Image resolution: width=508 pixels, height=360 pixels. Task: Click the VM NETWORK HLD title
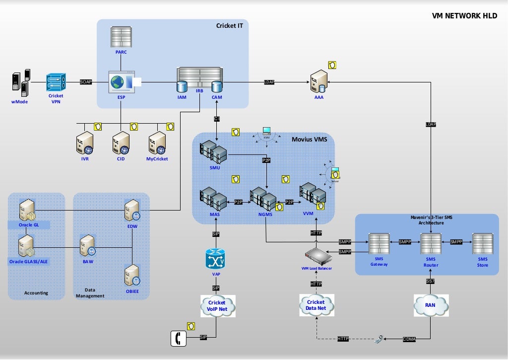click(465, 16)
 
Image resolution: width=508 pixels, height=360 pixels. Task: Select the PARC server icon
click(122, 37)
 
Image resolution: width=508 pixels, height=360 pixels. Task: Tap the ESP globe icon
click(117, 82)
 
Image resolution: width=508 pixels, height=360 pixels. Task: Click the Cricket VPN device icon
click(56, 82)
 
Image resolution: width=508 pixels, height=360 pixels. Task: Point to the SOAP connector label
click(86, 82)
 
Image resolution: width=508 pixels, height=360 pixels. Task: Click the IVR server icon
click(85, 144)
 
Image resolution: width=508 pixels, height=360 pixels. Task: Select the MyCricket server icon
click(157, 144)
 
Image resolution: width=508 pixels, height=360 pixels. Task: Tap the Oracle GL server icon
click(26, 210)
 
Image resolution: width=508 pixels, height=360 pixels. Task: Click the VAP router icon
click(216, 259)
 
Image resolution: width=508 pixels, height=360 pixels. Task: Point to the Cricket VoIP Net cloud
click(216, 306)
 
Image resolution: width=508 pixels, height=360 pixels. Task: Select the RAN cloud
click(431, 306)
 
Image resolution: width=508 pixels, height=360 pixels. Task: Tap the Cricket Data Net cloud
click(316, 305)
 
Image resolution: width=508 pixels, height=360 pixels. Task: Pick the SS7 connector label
click(431, 282)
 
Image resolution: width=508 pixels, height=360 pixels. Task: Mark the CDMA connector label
click(409, 339)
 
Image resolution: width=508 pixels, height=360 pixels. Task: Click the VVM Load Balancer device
click(318, 256)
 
